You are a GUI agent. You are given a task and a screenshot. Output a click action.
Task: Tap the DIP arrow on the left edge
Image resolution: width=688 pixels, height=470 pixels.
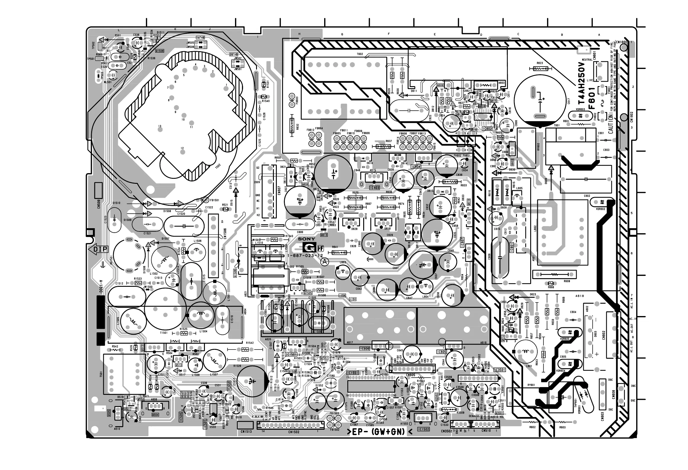99,250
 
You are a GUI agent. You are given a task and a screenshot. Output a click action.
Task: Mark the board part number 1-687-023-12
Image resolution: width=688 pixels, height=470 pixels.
306,255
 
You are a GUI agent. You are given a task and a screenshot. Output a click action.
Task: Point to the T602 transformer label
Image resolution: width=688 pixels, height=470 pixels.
360,54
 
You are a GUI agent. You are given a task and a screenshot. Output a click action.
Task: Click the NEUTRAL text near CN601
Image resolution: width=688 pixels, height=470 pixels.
587,60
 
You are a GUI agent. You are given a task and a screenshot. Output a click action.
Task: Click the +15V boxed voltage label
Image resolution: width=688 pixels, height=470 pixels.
353,299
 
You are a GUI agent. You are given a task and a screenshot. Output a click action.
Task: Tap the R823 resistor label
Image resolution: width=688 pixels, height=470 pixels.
539,63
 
